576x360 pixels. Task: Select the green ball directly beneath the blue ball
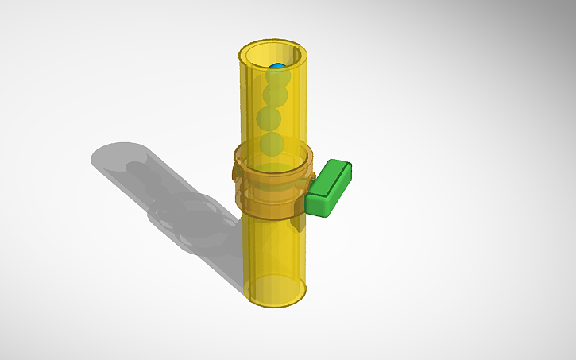pyautogui.click(x=277, y=79)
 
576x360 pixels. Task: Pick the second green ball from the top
pyautogui.click(x=275, y=95)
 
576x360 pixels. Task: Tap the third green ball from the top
pyautogui.click(x=269, y=119)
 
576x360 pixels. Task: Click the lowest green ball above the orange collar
pyautogui.click(x=272, y=144)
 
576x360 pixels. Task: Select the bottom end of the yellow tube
pyautogui.click(x=275, y=292)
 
